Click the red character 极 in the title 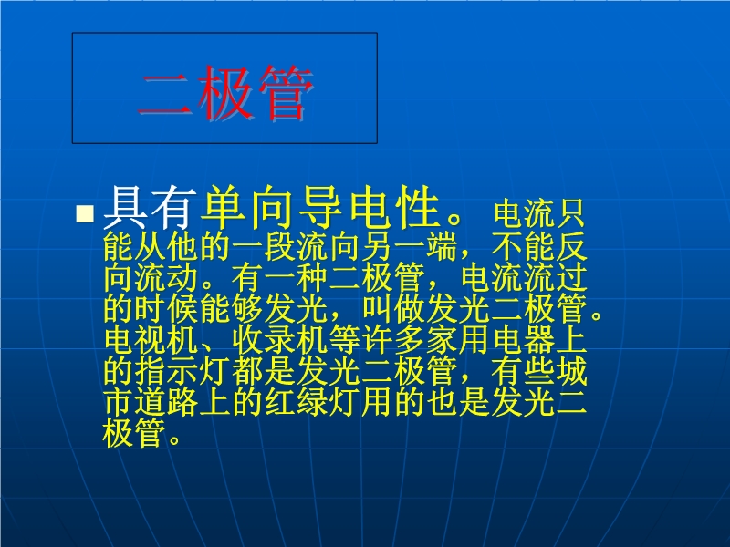tap(225, 93)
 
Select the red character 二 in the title tap(165, 96)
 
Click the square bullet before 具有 tap(85, 213)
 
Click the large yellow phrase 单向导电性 tap(319, 208)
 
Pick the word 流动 tap(166, 277)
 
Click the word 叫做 tap(393, 308)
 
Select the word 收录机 tap(279, 340)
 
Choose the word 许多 tap(393, 340)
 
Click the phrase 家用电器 tap(490, 340)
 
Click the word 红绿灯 tap(312, 402)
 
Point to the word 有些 tap(523, 372)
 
